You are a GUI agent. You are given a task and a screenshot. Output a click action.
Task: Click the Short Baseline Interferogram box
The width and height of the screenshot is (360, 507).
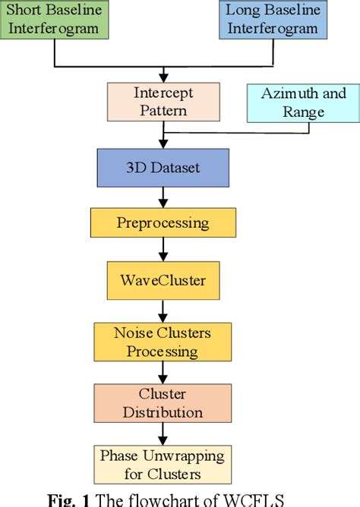(55, 20)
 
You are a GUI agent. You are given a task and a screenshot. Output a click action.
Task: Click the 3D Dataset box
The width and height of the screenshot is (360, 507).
(163, 167)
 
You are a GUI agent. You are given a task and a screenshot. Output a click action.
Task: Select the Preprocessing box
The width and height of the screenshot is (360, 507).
(163, 222)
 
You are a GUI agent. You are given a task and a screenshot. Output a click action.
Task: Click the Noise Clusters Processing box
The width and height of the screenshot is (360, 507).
(162, 342)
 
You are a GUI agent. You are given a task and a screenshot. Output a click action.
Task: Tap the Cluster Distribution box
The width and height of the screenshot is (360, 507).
(161, 403)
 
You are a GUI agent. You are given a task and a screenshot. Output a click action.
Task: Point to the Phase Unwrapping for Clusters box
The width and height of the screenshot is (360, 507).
(161, 464)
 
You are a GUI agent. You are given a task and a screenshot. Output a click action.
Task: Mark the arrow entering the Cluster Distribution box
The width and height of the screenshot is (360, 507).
(162, 372)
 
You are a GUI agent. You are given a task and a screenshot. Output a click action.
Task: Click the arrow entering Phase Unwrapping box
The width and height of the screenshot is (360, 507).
(162, 433)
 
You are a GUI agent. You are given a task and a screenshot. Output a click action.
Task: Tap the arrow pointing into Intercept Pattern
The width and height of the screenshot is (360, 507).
(163, 75)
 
